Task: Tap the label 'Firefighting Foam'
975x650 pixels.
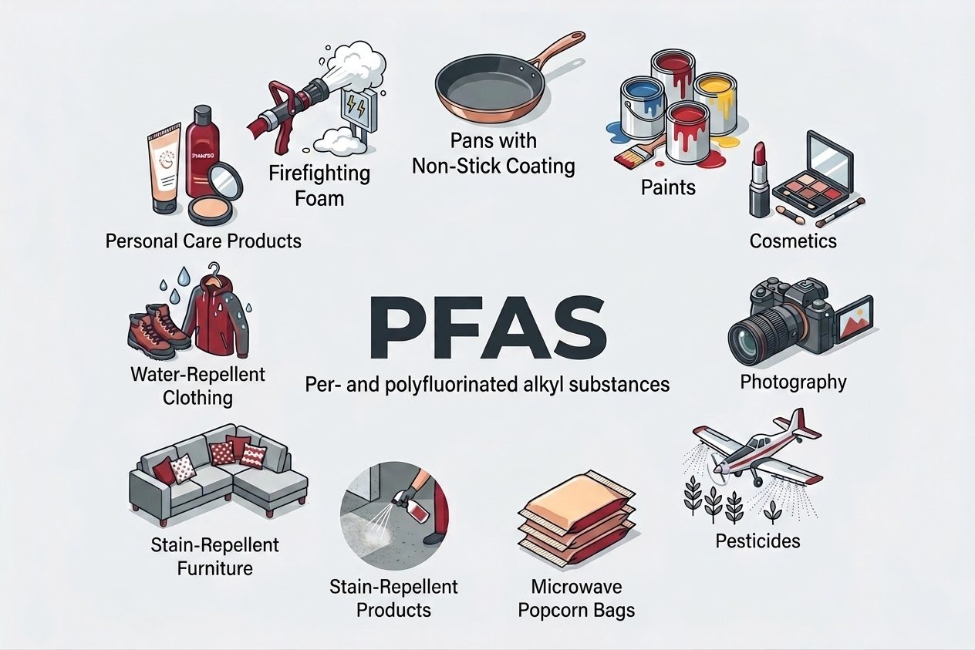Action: click(319, 184)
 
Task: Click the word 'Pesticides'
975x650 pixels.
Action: click(757, 541)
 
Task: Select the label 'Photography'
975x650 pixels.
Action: click(793, 382)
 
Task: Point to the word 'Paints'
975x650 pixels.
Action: click(668, 187)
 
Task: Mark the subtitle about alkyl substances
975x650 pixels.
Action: click(487, 383)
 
